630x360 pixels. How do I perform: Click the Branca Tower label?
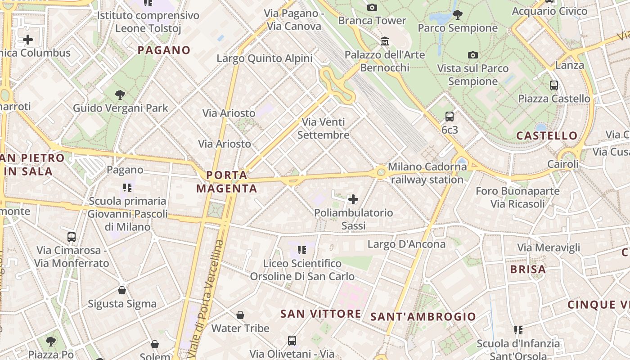point(372,21)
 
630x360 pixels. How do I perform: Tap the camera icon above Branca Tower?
point(372,7)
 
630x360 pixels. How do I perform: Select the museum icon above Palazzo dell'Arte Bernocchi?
point(385,41)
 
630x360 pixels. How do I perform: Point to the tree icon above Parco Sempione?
point(458,14)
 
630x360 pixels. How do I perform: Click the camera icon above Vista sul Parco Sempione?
point(472,55)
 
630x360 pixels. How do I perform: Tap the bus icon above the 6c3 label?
point(449,117)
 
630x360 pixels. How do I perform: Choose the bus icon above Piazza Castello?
point(554,85)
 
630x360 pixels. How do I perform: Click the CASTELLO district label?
point(547,135)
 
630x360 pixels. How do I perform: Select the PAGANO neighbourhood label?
point(164,50)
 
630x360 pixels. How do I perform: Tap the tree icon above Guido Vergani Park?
point(120,94)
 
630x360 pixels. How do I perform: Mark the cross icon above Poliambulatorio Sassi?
point(353,199)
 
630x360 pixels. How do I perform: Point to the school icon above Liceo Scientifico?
point(302,250)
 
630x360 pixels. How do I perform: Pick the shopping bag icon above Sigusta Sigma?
point(122,290)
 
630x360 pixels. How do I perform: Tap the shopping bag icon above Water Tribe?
point(240,315)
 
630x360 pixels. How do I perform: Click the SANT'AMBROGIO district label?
point(423,317)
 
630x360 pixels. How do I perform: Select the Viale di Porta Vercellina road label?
point(206,299)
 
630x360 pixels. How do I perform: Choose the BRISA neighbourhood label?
point(528,270)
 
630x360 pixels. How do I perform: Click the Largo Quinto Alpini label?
point(265,58)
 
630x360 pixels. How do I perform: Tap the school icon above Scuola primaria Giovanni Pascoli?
point(127,187)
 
